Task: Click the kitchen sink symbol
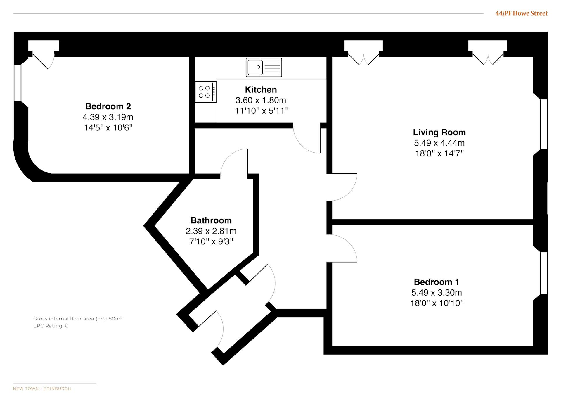tap(264, 67)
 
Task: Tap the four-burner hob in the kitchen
tap(206, 92)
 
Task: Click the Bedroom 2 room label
tap(108, 106)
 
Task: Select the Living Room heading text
tap(439, 132)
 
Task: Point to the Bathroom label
tap(211, 220)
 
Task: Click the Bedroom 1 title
tap(437, 282)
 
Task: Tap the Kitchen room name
tap(261, 90)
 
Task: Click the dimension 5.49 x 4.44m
tap(439, 143)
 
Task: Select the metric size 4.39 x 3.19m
tap(108, 117)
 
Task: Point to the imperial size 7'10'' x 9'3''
tap(211, 242)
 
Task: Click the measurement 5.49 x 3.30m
tap(437, 293)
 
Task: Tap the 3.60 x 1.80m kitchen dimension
tap(261, 100)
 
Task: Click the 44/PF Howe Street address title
tap(521, 13)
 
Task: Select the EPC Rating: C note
tap(51, 326)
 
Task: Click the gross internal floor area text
tap(78, 319)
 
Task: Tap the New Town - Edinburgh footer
tap(42, 389)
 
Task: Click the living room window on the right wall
tap(544, 124)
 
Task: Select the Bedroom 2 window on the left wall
tap(18, 83)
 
